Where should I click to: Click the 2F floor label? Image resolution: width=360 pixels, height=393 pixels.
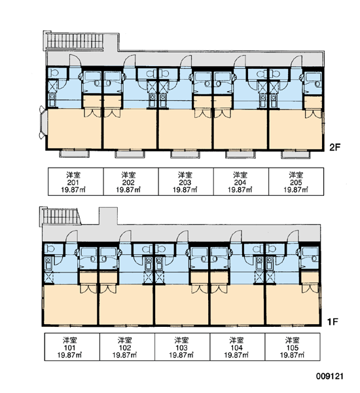[x=334, y=147]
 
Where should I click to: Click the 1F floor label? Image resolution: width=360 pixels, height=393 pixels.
[x=333, y=322]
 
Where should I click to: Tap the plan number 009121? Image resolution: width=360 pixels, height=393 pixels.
[x=330, y=376]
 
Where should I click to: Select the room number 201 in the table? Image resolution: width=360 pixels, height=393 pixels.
[x=73, y=183]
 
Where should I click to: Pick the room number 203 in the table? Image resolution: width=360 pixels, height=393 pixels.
[x=185, y=183]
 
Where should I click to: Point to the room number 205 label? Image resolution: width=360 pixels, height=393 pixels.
[x=296, y=183]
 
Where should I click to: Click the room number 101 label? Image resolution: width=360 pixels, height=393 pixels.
[x=69, y=348]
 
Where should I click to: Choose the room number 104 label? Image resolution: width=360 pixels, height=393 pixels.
[x=236, y=348]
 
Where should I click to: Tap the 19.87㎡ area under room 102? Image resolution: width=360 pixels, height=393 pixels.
[x=124, y=355]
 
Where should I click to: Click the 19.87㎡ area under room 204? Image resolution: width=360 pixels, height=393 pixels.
[x=240, y=189]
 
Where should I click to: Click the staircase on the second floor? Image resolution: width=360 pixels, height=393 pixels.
[x=74, y=41]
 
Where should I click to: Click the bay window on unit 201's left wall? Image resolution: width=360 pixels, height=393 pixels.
[x=43, y=122]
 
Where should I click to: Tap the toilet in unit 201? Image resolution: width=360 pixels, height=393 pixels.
[x=54, y=73]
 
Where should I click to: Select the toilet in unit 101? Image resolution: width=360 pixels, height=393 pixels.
[x=50, y=248]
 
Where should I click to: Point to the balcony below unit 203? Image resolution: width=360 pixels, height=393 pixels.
[x=185, y=154]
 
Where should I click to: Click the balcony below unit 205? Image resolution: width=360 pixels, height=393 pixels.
[x=296, y=154]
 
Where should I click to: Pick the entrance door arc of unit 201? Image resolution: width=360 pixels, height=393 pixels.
[x=75, y=60]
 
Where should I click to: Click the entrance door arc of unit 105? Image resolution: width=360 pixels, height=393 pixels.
[x=293, y=236]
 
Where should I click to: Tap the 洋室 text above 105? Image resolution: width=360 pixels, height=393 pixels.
[x=292, y=340]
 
